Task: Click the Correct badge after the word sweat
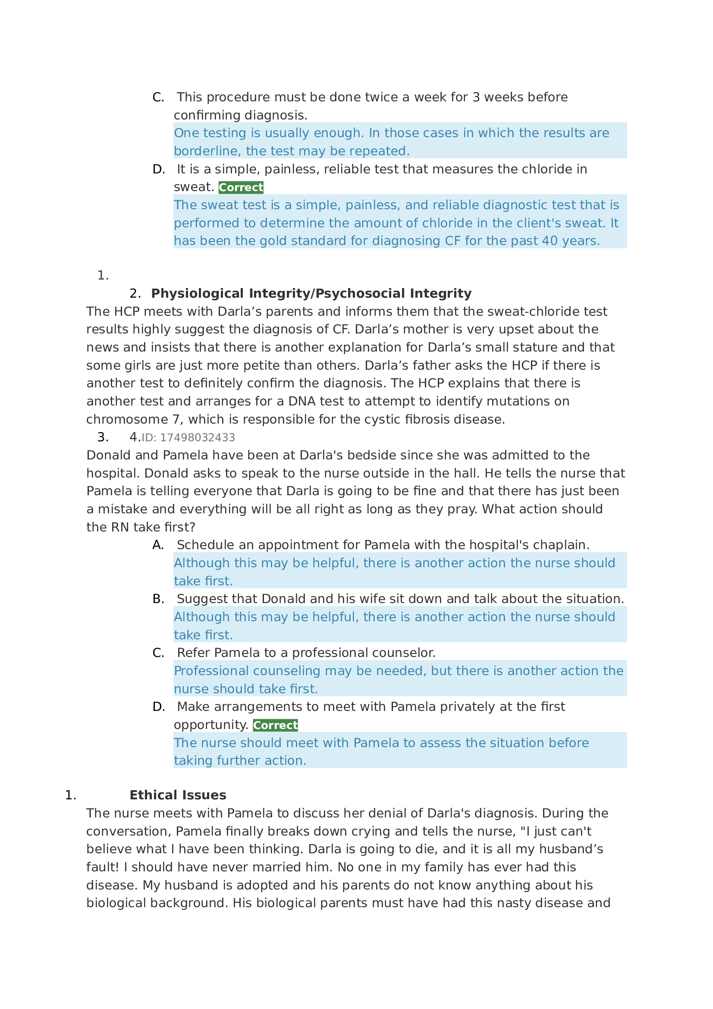(x=241, y=188)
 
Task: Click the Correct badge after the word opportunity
(x=275, y=725)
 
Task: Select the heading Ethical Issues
(x=177, y=795)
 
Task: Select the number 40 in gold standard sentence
(x=549, y=241)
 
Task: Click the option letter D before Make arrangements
(x=158, y=707)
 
